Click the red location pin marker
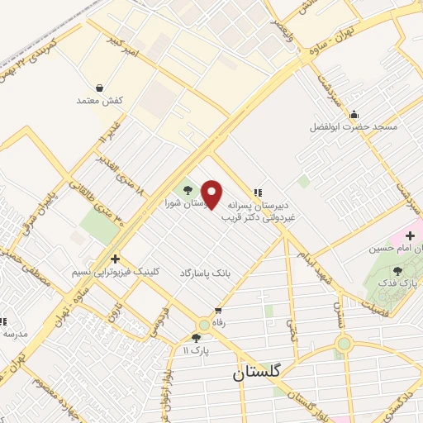pos(212,195)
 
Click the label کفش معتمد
pos(99,100)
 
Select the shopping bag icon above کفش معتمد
pos(99,88)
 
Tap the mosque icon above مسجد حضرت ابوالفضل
pos(354,114)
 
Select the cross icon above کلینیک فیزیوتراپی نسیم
pos(116,259)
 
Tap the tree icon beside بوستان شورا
pos(186,191)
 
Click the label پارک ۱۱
pos(196,351)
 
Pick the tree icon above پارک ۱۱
pos(196,338)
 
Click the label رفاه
pos(218,324)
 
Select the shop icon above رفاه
pos(218,311)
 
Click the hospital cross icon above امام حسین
pos(411,236)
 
